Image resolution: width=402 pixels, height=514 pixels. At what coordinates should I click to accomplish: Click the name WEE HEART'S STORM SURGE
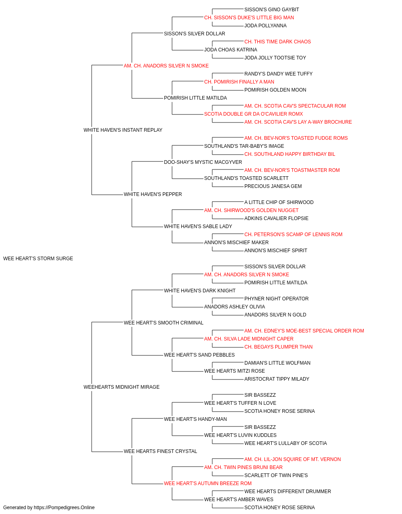[38, 259]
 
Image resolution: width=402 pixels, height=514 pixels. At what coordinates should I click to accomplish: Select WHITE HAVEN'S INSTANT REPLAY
[123, 130]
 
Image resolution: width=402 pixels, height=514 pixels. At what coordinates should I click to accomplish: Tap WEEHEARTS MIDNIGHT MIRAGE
[121, 387]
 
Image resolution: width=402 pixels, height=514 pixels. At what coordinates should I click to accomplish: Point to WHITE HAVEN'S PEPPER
[153, 194]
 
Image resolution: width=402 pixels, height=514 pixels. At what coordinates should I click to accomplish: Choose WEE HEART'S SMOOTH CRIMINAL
[164, 323]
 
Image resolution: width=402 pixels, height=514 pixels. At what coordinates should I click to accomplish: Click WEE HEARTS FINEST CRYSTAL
[160, 451]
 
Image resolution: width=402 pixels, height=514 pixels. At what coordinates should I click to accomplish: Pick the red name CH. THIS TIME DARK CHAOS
[277, 42]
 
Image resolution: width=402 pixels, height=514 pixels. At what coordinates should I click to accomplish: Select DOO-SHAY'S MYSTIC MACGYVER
[203, 162]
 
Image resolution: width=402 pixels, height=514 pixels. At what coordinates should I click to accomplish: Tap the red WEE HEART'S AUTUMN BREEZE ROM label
[207, 483]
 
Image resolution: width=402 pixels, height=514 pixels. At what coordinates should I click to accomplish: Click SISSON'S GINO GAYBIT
[272, 10]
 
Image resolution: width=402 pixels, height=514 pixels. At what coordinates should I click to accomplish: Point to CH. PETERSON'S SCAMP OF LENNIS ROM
[293, 235]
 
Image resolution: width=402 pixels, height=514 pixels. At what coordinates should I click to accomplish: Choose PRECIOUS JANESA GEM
[273, 186]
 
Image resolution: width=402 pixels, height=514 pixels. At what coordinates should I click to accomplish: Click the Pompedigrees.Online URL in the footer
[64, 508]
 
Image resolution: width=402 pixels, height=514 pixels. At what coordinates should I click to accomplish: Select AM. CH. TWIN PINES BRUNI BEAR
[243, 467]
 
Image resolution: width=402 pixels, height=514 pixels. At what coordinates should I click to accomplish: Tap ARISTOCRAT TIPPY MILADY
[277, 379]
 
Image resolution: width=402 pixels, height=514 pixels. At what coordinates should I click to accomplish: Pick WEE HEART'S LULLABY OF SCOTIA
[285, 443]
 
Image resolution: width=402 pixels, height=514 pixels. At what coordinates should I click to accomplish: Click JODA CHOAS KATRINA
[231, 50]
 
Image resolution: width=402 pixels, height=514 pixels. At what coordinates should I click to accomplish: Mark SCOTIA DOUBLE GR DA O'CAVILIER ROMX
[254, 114]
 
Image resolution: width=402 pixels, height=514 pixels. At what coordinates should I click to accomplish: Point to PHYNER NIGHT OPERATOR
[277, 299]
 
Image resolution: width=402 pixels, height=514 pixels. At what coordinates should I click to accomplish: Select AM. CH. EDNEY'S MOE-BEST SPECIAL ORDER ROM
[304, 331]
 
